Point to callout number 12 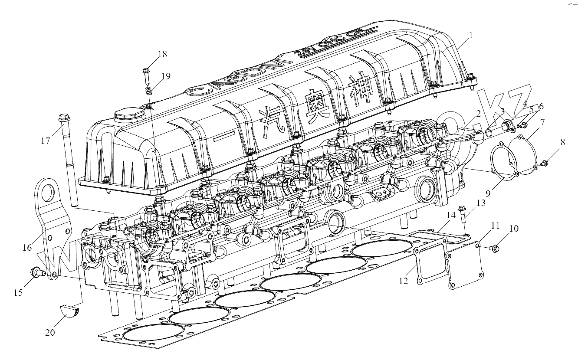point(404,281)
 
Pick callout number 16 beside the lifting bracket point(27,248)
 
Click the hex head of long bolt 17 point(63,117)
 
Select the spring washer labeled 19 point(148,92)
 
